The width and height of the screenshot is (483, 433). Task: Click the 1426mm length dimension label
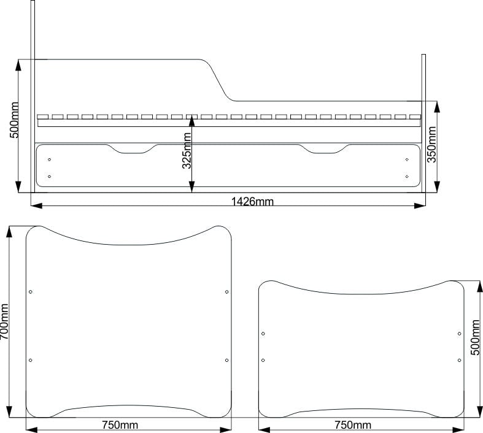point(252,202)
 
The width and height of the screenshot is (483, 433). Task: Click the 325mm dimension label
point(187,151)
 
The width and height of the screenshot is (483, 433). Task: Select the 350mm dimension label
point(431,144)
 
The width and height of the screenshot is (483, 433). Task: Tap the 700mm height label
point(4,321)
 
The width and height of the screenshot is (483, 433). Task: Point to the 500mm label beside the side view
point(14,120)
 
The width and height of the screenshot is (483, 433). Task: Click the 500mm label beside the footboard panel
point(475,337)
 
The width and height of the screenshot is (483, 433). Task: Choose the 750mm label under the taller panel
point(120,425)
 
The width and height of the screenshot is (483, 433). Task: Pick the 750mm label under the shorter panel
point(353,425)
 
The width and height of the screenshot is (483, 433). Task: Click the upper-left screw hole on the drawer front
point(49,159)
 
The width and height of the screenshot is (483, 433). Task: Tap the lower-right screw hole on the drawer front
point(407,177)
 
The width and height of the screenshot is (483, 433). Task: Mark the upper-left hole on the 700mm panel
point(31,292)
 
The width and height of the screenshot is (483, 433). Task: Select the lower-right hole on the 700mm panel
point(226,360)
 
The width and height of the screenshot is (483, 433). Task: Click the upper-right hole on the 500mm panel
point(459,334)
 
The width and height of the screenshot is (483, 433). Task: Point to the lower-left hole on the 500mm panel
point(263,360)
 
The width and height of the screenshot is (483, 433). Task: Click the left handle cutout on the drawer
point(133,149)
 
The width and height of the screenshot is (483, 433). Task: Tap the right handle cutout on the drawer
point(323,149)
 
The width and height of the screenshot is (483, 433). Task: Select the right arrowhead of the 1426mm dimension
point(420,205)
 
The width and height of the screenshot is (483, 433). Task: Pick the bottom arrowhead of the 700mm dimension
point(9,412)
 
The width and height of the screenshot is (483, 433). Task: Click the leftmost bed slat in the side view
point(43,117)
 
